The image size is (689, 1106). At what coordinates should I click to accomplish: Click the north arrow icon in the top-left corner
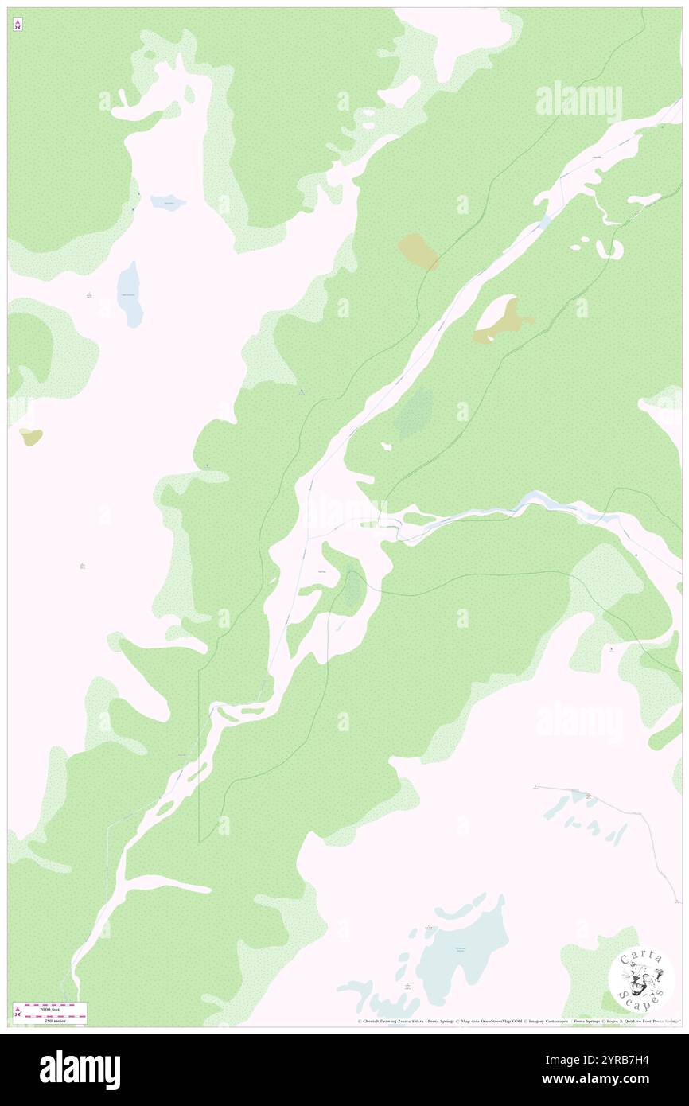click(18, 25)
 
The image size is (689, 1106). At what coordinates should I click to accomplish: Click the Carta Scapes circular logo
click(641, 978)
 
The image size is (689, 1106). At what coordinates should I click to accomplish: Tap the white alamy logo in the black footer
click(80, 1069)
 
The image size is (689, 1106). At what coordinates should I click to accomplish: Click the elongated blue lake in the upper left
click(130, 294)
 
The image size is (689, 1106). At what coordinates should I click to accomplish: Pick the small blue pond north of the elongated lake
click(169, 203)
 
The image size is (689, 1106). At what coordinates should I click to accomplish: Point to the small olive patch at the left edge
click(31, 436)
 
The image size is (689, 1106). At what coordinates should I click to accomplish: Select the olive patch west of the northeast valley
click(418, 251)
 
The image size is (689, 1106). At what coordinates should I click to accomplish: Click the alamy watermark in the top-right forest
click(578, 101)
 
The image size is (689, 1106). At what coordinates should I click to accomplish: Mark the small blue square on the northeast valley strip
click(545, 222)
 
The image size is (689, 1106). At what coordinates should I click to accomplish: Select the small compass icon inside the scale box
click(18, 1011)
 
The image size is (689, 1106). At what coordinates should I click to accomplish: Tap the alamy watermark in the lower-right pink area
click(578, 722)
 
